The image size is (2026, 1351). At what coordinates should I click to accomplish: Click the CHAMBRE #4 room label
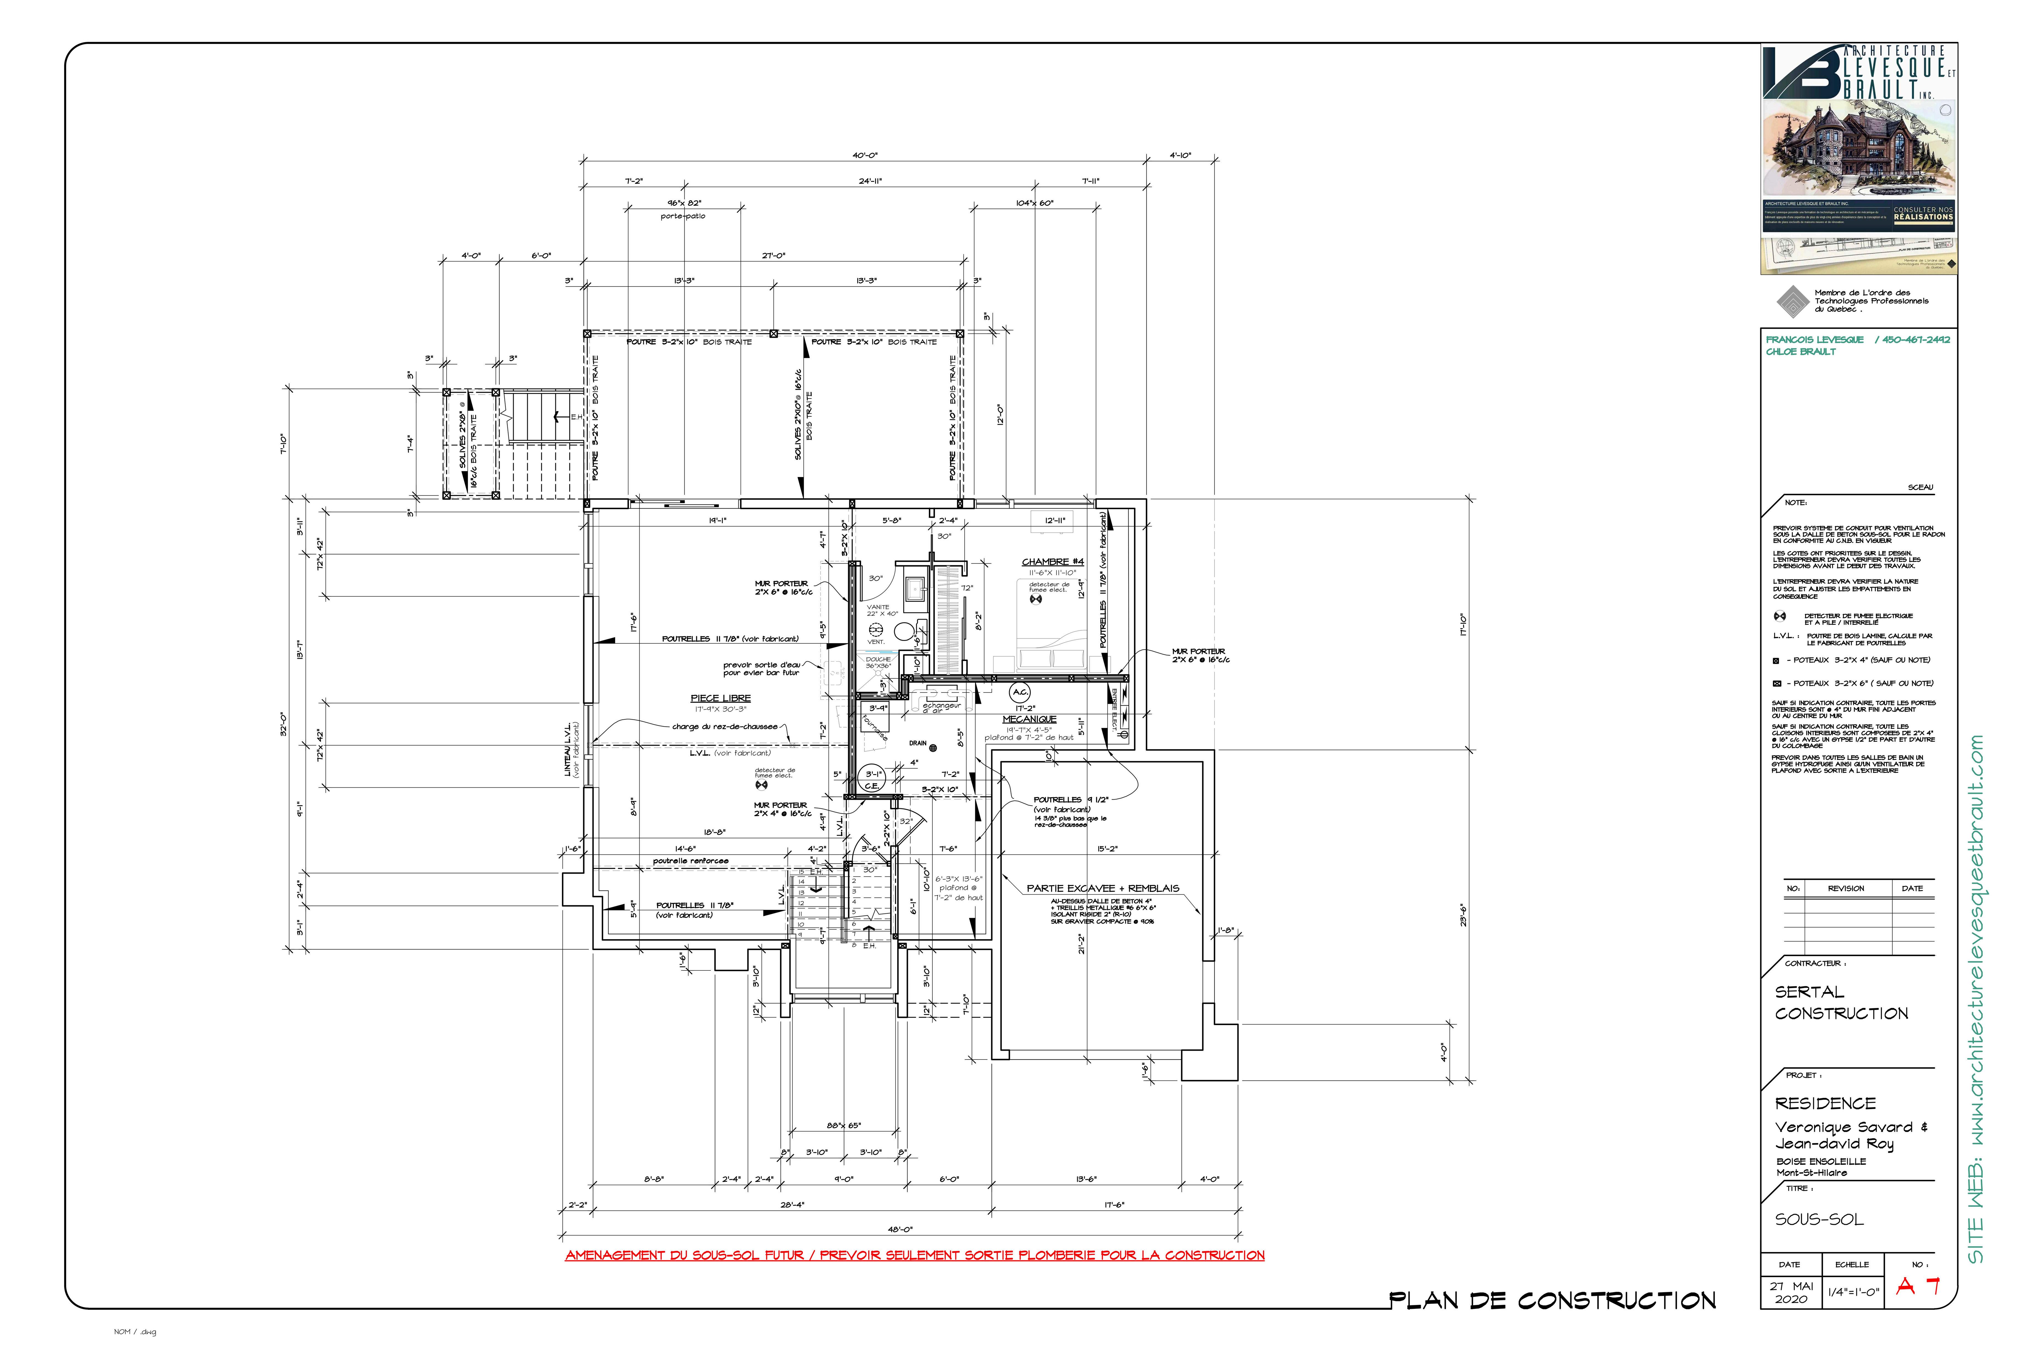coord(1052,562)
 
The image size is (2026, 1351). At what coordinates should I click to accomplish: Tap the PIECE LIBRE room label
coord(720,698)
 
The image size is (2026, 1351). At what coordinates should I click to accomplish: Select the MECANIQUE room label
coord(1028,719)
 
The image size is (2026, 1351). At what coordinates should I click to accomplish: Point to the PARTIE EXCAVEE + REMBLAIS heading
coord(1103,888)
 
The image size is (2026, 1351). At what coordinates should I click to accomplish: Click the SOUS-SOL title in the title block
coord(1818,1219)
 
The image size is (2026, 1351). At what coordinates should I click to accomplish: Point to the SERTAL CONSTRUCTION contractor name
coord(1841,1003)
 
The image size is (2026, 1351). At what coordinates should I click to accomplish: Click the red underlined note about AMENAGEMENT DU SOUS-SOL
coord(914,1255)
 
